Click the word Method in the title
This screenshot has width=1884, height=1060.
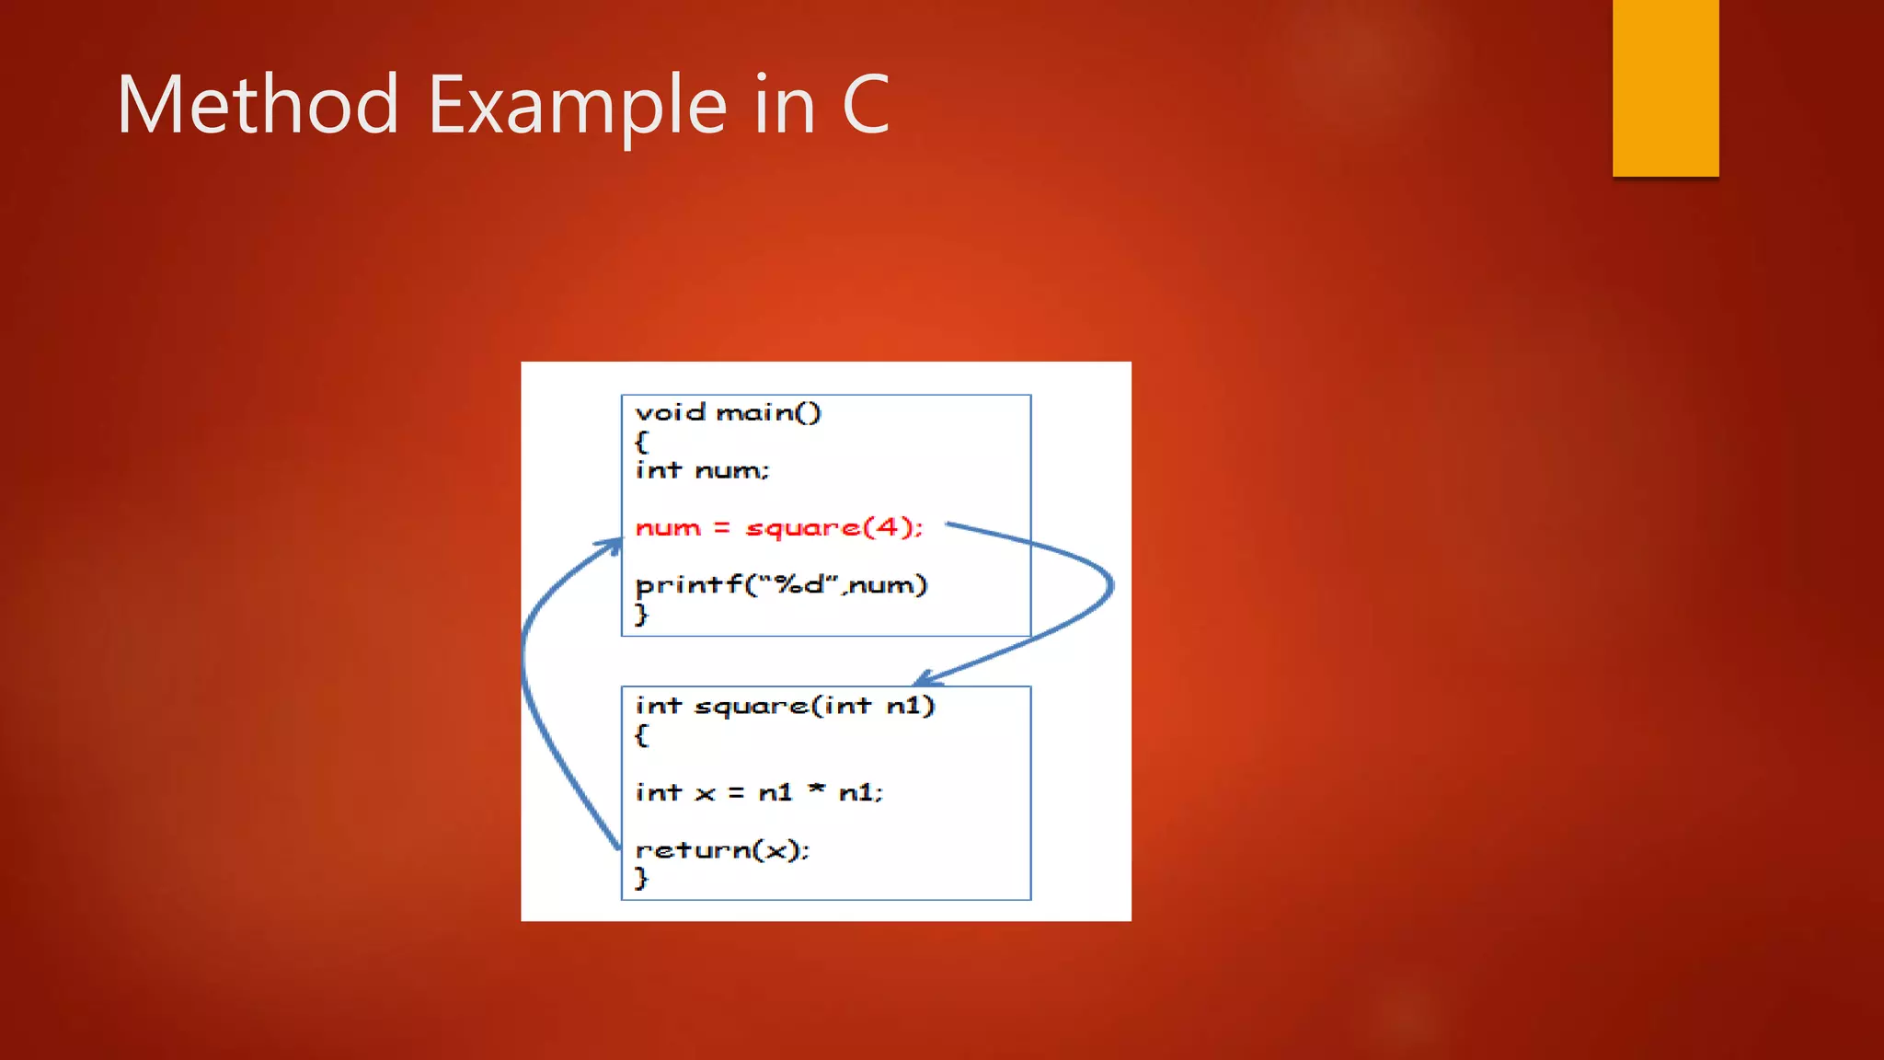click(x=257, y=105)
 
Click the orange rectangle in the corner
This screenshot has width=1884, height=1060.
click(x=1665, y=87)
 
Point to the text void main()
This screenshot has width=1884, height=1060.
click(x=728, y=412)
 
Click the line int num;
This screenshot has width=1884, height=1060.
click(x=702, y=470)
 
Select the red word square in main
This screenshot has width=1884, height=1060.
click(x=802, y=528)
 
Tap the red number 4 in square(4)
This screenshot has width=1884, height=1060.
click(x=887, y=526)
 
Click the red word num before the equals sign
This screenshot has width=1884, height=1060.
click(x=668, y=528)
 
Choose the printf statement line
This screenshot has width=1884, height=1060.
click(x=781, y=585)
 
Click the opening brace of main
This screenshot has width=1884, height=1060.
click(x=641, y=442)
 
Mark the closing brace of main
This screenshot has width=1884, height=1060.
click(x=641, y=614)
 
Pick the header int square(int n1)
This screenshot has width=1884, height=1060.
click(x=785, y=706)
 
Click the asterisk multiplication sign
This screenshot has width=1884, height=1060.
click(x=816, y=789)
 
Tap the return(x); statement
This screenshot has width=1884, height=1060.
click(x=722, y=849)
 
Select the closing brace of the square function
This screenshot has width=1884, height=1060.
click(x=641, y=878)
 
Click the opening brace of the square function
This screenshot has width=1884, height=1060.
click(x=641, y=735)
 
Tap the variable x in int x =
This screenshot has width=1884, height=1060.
click(x=705, y=793)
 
